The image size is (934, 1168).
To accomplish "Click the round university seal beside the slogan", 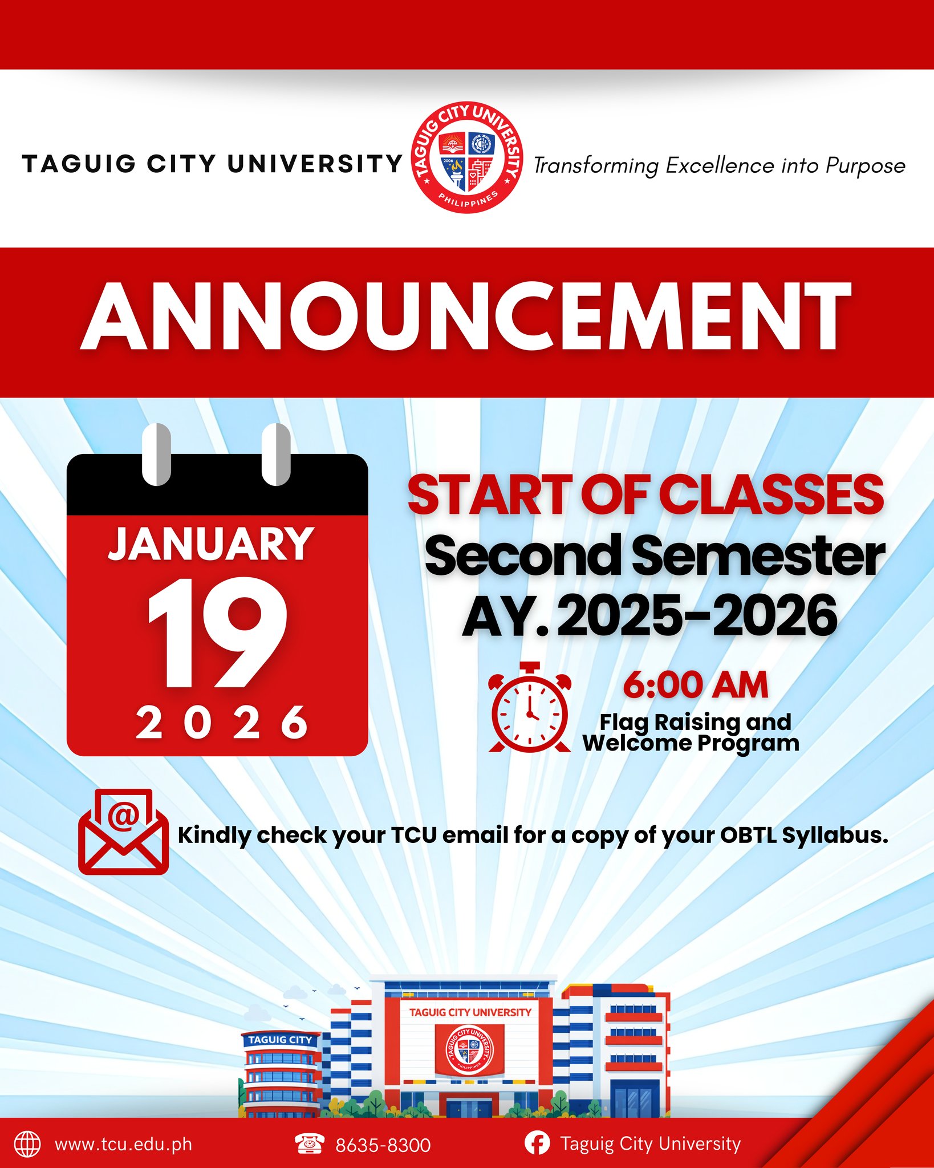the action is pyautogui.click(x=467, y=159).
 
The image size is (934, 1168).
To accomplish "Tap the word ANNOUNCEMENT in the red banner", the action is pyautogui.click(x=466, y=317).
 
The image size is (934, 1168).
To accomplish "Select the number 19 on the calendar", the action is pyautogui.click(x=217, y=633).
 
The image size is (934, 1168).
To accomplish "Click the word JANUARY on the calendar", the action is pyautogui.click(x=211, y=544).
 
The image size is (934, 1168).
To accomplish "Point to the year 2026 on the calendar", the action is pyautogui.click(x=222, y=722).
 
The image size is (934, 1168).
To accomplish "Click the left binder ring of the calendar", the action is pyautogui.click(x=156, y=455).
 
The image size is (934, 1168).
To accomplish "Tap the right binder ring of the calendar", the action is pyautogui.click(x=276, y=455).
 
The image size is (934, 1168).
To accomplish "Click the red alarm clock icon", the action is pyautogui.click(x=530, y=707).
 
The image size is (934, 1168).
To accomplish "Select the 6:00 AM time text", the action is pyautogui.click(x=695, y=685).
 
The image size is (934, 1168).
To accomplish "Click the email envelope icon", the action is pyautogui.click(x=123, y=832).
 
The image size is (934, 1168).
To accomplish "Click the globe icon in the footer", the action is pyautogui.click(x=27, y=1144).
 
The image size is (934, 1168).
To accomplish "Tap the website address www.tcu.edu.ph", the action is pyautogui.click(x=123, y=1145).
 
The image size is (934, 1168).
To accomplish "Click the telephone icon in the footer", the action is pyautogui.click(x=310, y=1143).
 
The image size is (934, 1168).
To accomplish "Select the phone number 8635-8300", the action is pyautogui.click(x=383, y=1145).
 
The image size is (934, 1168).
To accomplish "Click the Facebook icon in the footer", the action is pyautogui.click(x=537, y=1143).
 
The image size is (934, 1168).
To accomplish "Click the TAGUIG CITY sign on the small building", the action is pyautogui.click(x=280, y=1040).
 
